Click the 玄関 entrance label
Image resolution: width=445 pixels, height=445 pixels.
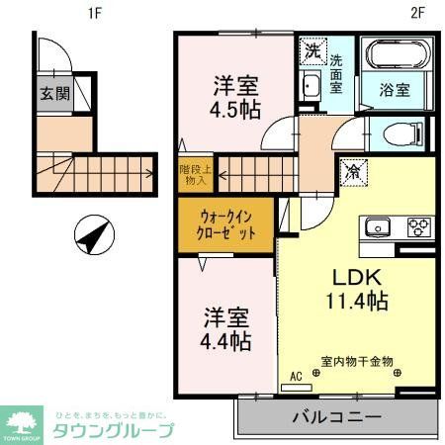point(54,95)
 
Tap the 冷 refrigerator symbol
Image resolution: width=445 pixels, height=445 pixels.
point(351,171)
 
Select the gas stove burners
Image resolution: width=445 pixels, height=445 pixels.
point(415,228)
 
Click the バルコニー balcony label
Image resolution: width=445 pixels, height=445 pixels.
point(335,418)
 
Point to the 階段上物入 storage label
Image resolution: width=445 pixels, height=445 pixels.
point(192,175)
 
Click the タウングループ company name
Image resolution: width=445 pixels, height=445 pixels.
point(113,429)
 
